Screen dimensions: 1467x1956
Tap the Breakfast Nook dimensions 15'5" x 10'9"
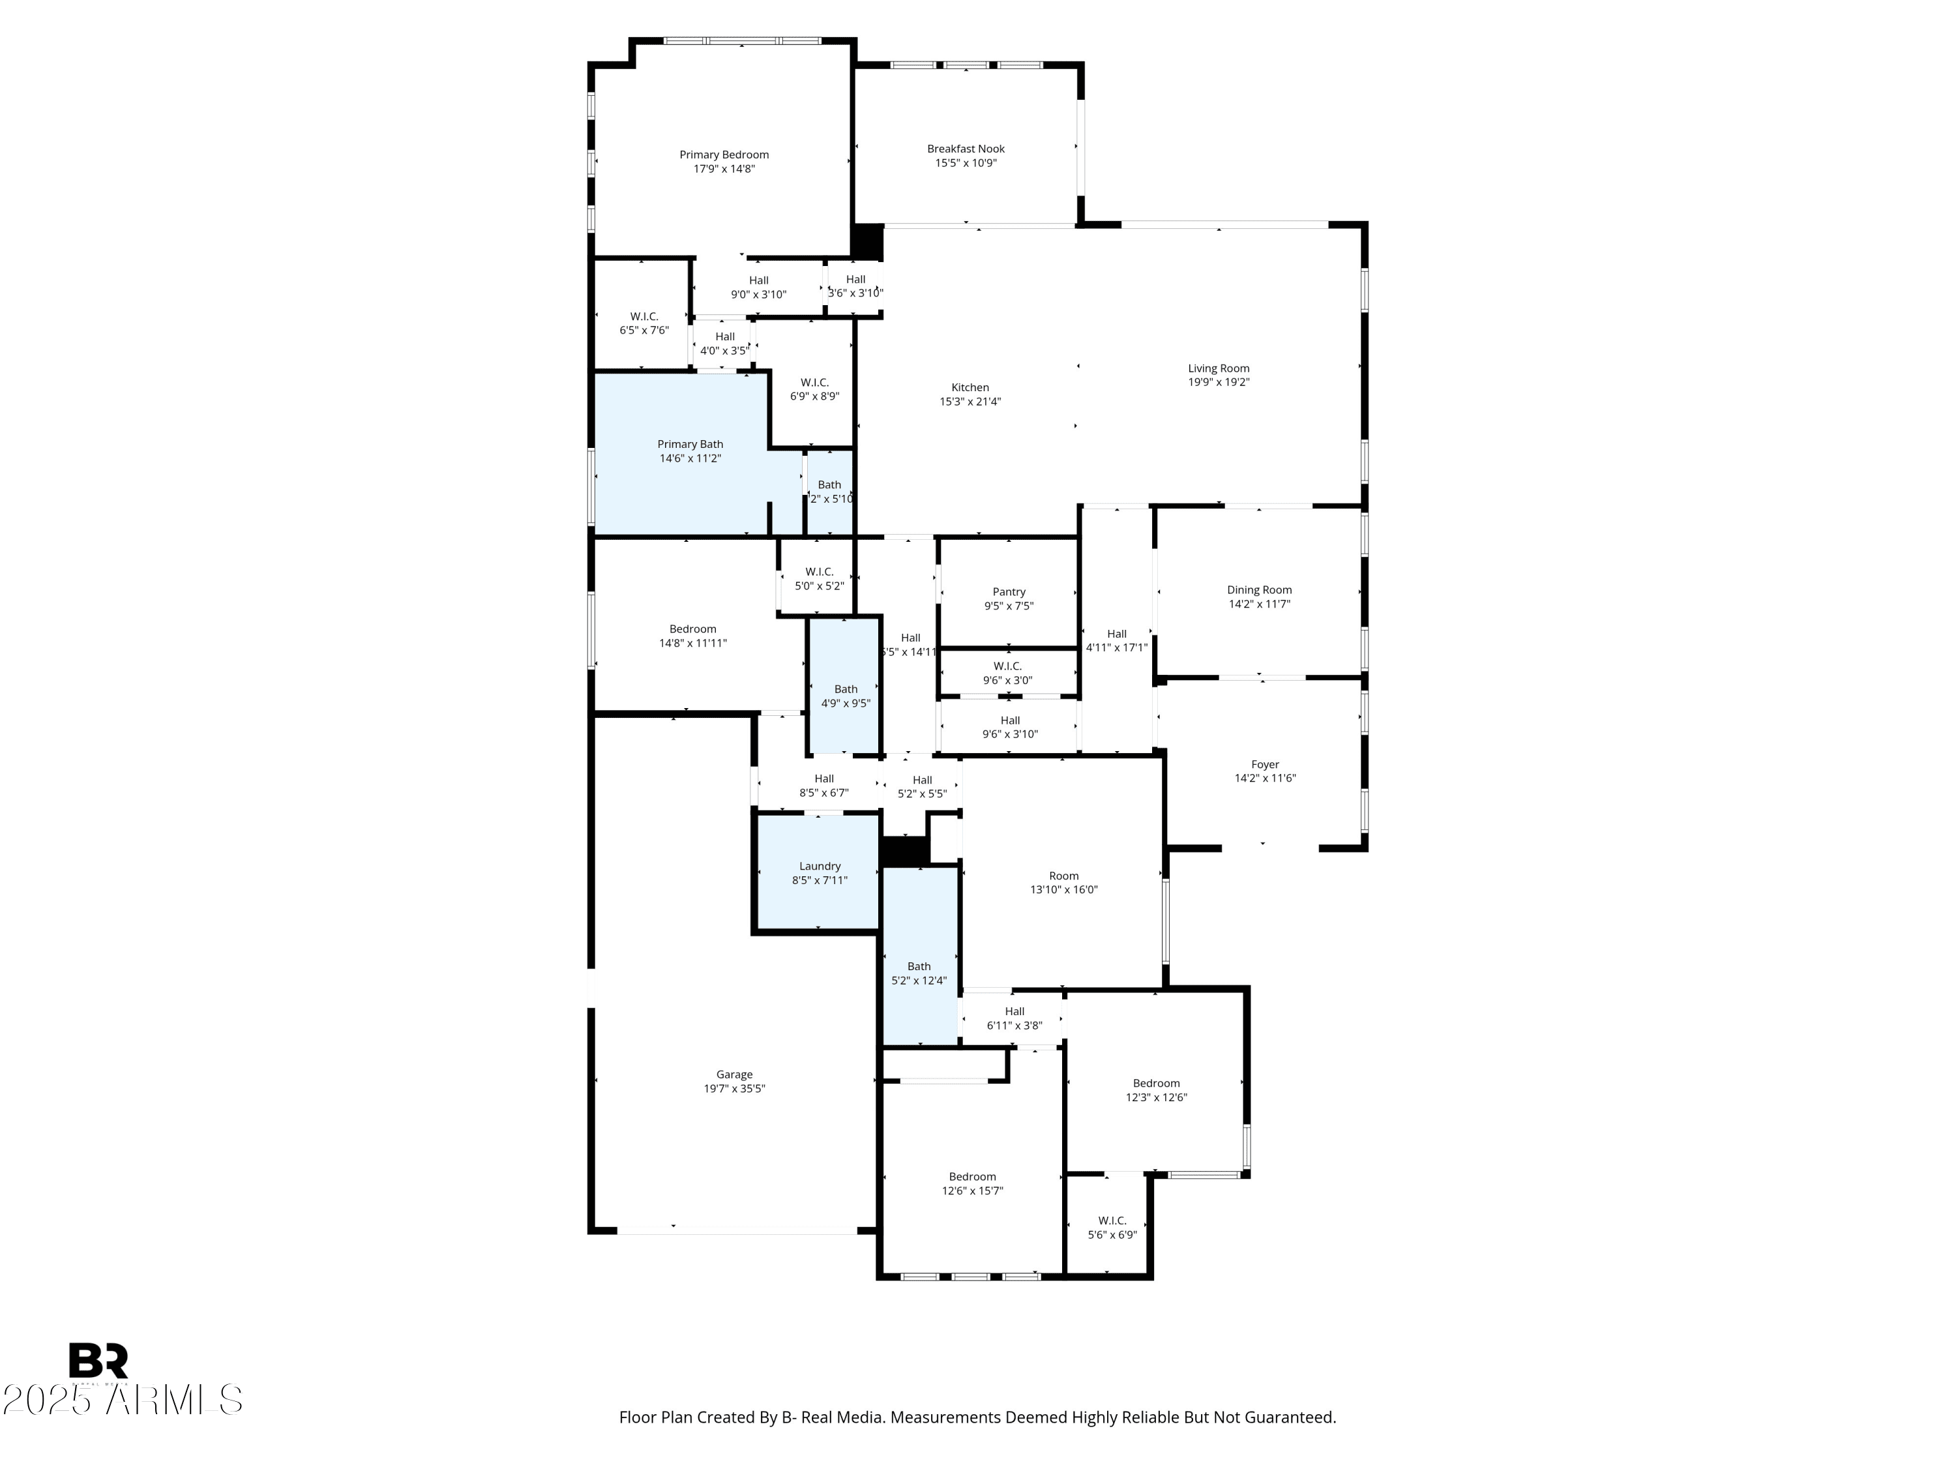[x=966, y=164]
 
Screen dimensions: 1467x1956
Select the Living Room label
[x=1218, y=369]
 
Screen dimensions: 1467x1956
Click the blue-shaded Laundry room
[x=819, y=873]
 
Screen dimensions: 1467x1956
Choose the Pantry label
[x=1008, y=593]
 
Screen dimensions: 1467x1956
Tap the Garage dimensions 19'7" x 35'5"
[x=734, y=1089]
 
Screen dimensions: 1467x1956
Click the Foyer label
[x=1264, y=765]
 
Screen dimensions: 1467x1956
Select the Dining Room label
[x=1258, y=590]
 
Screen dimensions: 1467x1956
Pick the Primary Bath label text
[x=690, y=445]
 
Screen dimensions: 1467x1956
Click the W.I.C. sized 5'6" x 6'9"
[x=1112, y=1227]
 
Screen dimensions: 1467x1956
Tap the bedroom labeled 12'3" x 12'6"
[x=1156, y=1089]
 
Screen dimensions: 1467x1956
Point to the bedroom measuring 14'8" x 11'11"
[x=692, y=636]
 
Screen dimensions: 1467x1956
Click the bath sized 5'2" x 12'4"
[x=919, y=973]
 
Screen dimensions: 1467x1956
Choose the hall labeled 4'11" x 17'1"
[x=1116, y=640]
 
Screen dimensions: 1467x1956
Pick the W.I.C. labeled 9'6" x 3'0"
[x=1007, y=673]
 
